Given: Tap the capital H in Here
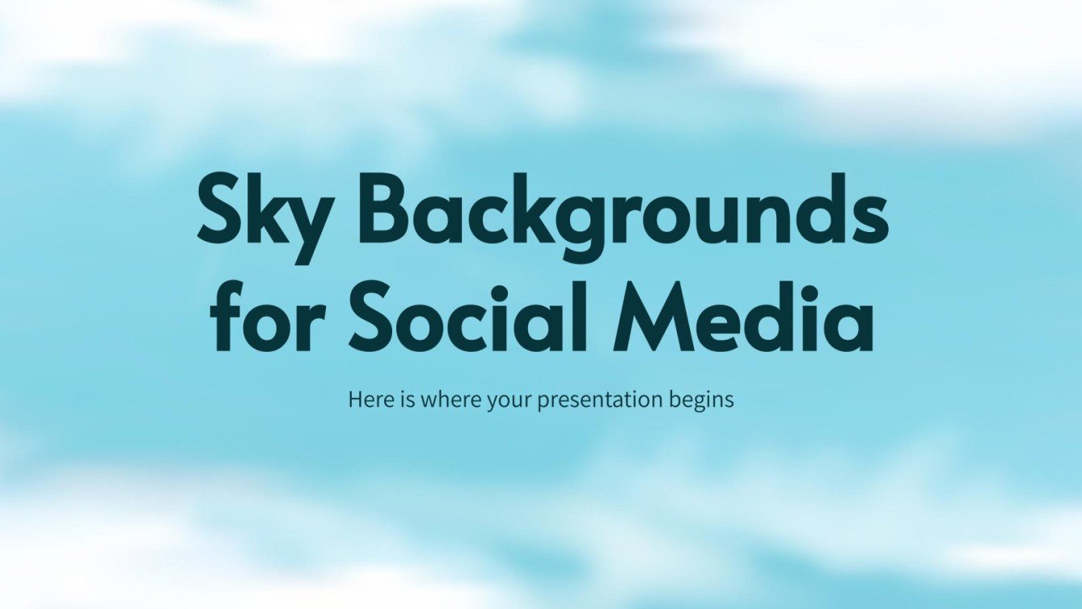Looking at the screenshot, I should [x=354, y=399].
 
